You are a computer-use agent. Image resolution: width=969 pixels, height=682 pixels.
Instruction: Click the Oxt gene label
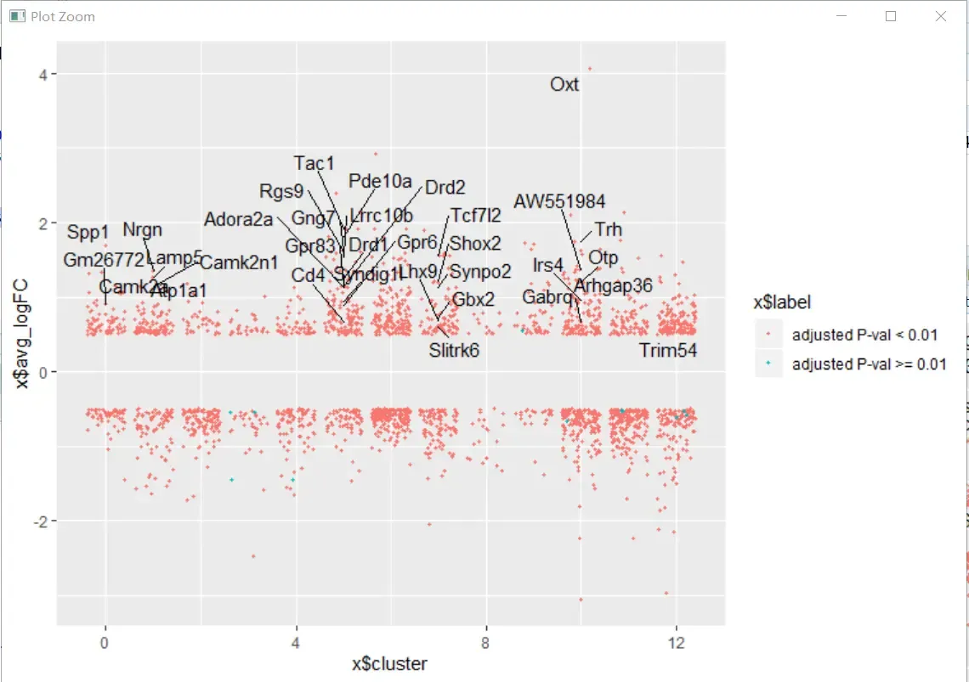564,84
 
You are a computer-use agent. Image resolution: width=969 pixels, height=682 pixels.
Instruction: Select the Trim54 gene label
668,350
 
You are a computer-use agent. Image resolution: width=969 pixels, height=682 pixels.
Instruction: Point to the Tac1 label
314,162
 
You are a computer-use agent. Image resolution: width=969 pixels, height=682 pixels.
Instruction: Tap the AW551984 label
559,201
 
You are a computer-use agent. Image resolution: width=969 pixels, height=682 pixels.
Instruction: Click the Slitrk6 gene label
454,350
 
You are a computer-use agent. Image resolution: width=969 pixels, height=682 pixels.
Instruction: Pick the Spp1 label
88,232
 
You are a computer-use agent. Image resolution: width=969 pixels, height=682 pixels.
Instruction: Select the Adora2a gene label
239,220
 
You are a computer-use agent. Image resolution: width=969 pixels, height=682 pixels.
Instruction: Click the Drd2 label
445,187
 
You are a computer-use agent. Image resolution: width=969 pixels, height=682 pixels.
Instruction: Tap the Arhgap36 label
613,285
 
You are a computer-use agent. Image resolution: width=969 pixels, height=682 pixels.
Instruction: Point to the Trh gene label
609,229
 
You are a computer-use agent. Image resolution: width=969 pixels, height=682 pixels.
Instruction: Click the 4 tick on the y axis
42,74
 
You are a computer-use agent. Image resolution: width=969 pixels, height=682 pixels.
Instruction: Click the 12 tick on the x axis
677,643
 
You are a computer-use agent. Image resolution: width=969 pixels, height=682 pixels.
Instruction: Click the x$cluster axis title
390,663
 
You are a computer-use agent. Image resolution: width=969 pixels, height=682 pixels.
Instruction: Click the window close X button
941,16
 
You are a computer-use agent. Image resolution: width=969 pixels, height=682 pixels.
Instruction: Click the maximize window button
892,16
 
